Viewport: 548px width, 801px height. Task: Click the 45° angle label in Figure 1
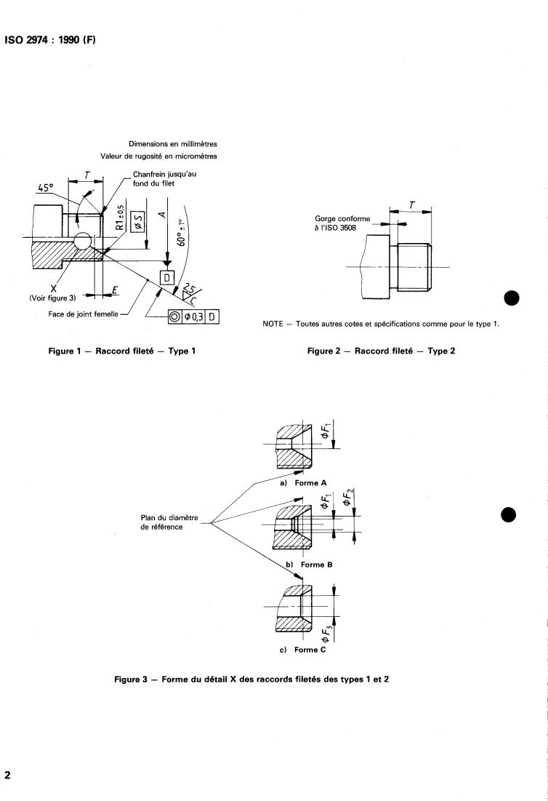[x=45, y=188]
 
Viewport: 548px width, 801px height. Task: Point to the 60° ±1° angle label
[x=181, y=233]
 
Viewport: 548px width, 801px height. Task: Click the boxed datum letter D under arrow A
[x=167, y=277]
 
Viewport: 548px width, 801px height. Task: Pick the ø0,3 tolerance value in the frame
[x=194, y=316]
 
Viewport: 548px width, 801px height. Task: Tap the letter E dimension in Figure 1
[x=115, y=291]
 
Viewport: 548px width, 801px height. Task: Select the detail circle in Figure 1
[x=83, y=242]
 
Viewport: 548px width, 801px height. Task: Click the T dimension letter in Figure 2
[x=412, y=205]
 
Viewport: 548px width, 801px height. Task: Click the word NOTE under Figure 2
[x=273, y=324]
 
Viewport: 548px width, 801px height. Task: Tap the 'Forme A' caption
[x=310, y=483]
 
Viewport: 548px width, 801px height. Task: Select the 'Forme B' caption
[x=316, y=565]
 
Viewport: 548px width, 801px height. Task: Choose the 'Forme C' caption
[x=310, y=650]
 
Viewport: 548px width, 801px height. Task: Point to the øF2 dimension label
[x=348, y=497]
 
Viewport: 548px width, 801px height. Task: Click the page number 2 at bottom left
[x=7, y=775]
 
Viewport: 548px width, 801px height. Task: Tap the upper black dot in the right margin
[x=511, y=298]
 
